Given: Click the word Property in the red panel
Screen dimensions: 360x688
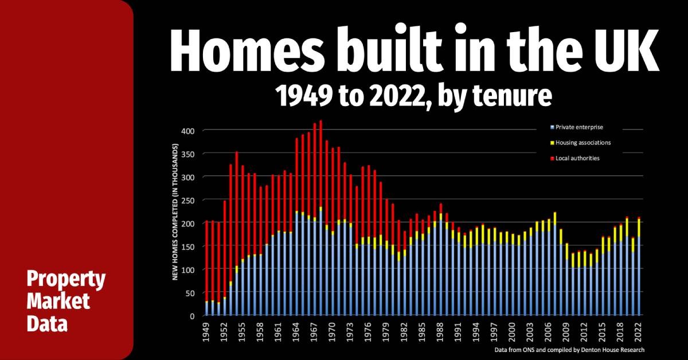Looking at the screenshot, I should point(66,281).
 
